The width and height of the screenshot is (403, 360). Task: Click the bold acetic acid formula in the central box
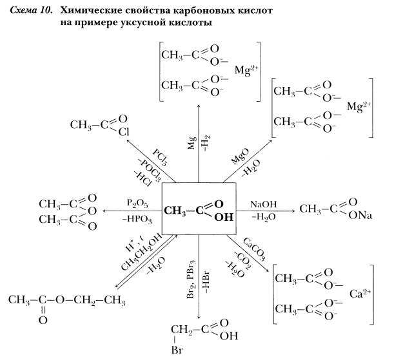(x=199, y=211)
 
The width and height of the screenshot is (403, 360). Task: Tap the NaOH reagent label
(x=264, y=204)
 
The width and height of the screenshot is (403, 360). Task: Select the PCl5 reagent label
(x=161, y=157)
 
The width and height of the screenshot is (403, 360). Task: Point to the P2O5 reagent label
(x=137, y=204)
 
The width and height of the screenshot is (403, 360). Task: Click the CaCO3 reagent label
(x=254, y=249)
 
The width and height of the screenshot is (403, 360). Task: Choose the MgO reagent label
(x=240, y=156)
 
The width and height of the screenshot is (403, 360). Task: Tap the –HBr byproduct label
(x=207, y=282)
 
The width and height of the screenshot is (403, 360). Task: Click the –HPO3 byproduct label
(x=137, y=220)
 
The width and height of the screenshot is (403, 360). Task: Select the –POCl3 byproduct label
(x=149, y=170)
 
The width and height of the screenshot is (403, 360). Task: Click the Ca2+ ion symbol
(x=360, y=294)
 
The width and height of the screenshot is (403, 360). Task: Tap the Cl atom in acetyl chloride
(x=124, y=132)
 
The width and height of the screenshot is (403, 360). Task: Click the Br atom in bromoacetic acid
(x=177, y=350)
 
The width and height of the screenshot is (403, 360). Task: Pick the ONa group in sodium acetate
(x=360, y=216)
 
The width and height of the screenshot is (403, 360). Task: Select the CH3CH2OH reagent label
(x=142, y=252)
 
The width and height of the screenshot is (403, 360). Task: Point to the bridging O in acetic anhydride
(x=92, y=211)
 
